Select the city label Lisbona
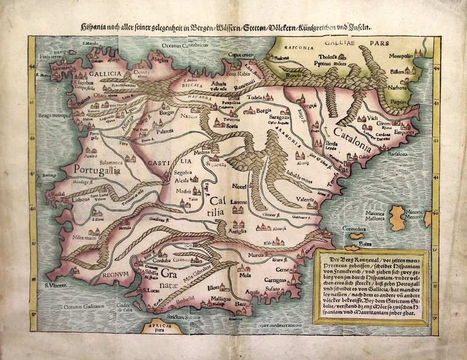[x=81, y=199]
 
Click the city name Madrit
[x=183, y=190]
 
